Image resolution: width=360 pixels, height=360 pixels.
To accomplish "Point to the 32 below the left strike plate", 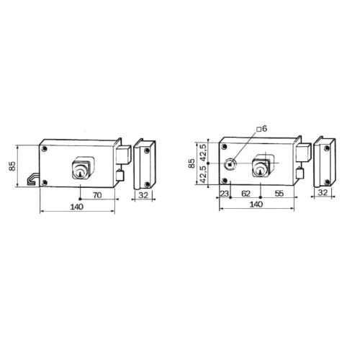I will click(143, 195).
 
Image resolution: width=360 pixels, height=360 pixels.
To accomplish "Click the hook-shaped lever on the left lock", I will click(33, 176).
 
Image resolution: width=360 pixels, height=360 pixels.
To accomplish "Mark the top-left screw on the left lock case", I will click(45, 148).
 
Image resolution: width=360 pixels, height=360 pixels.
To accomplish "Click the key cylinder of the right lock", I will click(258, 168).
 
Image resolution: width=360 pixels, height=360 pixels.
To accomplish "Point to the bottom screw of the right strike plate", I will click(328, 179).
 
